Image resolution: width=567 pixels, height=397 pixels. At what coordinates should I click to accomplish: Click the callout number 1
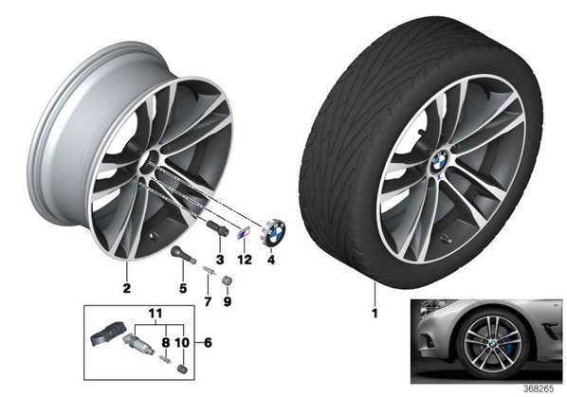(x=375, y=313)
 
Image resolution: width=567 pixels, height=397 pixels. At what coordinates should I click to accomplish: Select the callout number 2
(x=126, y=288)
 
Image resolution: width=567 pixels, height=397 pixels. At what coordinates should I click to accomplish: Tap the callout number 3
(x=220, y=260)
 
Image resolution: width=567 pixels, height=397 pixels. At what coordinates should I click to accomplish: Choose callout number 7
(x=208, y=301)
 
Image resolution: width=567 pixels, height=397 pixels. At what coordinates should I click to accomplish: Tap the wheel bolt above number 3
(x=217, y=228)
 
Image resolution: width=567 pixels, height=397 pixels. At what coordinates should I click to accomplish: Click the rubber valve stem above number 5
(x=183, y=254)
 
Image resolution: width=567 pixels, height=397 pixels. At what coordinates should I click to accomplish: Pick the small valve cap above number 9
(x=228, y=280)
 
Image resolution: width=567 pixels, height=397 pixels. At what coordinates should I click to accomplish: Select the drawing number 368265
(x=540, y=389)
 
